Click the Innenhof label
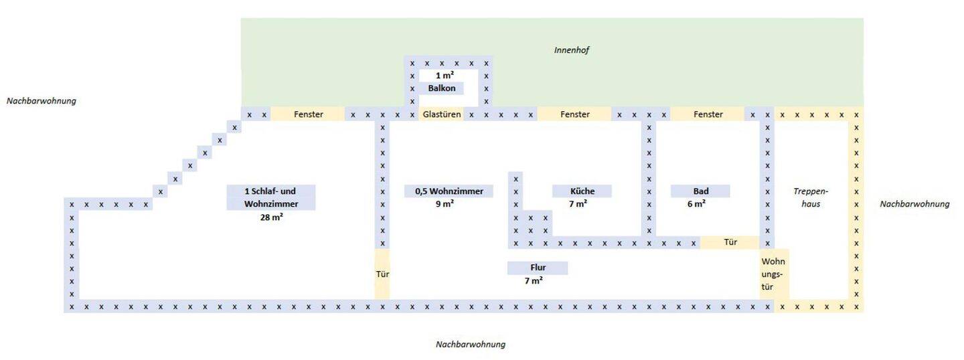(x=571, y=50)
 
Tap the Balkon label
(x=442, y=88)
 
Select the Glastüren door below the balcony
(x=442, y=114)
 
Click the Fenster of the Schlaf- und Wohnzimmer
(x=308, y=114)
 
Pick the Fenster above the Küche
(x=574, y=114)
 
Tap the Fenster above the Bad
(x=708, y=114)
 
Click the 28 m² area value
(x=271, y=217)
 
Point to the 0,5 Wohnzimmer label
(x=449, y=191)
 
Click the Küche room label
(x=582, y=191)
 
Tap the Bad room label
(x=701, y=191)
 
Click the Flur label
(x=538, y=268)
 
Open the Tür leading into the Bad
(x=730, y=242)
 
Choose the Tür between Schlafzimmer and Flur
(x=382, y=274)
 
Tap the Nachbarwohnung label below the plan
(x=470, y=345)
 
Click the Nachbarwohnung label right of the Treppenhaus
(x=914, y=204)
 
